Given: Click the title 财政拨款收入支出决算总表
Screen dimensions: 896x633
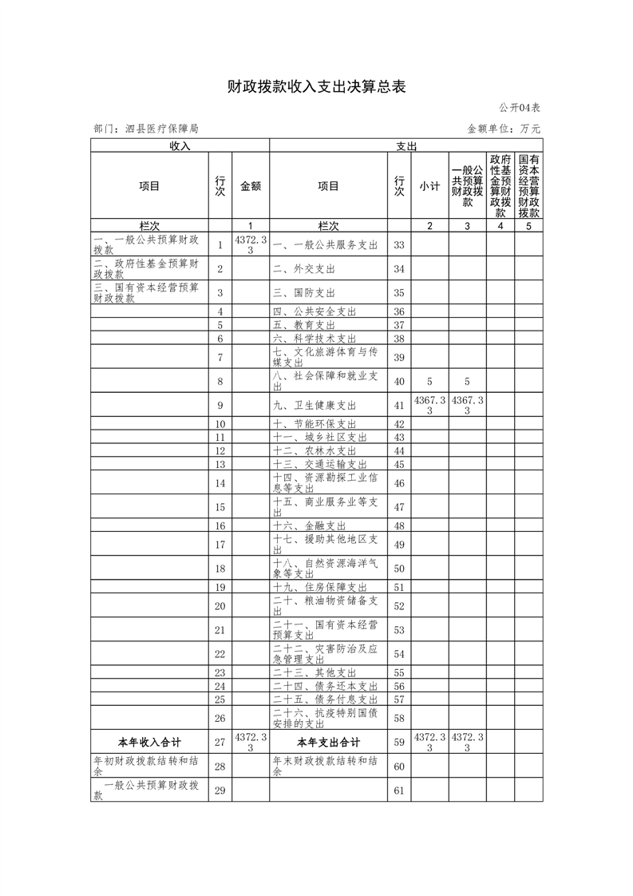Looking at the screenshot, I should [316, 87].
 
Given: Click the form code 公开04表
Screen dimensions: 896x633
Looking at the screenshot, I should [520, 108].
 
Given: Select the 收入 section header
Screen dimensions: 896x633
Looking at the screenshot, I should [180, 146].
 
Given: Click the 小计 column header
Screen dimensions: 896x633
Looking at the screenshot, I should [429, 186].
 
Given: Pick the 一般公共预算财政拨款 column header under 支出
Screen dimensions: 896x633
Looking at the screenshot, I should [467, 186].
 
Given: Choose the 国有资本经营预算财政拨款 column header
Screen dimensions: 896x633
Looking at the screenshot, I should [528, 186].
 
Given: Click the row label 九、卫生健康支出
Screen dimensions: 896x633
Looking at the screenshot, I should [315, 406].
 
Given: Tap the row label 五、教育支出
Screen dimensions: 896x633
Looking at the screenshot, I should [304, 325].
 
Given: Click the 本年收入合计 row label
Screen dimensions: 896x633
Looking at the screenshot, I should [149, 742].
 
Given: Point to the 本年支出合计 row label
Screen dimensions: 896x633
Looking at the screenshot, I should [328, 742].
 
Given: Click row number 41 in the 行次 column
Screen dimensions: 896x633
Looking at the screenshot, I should [399, 406].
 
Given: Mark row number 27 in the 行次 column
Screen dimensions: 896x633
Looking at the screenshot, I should [220, 742].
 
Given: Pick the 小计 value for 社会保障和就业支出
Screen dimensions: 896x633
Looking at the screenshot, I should [429, 381].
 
